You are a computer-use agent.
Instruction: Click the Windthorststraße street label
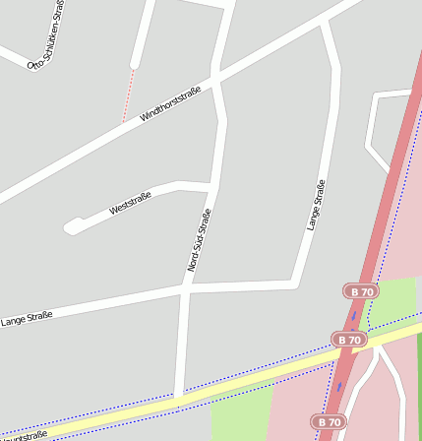pyautogui.click(x=170, y=103)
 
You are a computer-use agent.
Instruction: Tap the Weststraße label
pyautogui.click(x=130, y=203)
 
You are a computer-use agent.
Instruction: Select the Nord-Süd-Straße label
pyautogui.click(x=199, y=240)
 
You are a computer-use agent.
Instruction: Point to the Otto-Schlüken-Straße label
pyautogui.click(x=48, y=35)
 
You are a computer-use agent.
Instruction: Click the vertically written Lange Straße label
pyautogui.click(x=315, y=205)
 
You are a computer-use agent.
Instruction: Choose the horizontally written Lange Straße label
pyautogui.click(x=27, y=317)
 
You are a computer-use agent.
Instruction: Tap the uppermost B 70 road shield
pyautogui.click(x=361, y=291)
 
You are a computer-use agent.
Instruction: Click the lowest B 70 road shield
pyautogui.click(x=330, y=421)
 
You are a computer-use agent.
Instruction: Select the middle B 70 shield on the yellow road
pyautogui.click(x=348, y=340)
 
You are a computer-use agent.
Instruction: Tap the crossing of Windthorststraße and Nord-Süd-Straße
pyautogui.click(x=216, y=78)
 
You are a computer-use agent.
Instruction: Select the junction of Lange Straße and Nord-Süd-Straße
pyautogui.click(x=185, y=288)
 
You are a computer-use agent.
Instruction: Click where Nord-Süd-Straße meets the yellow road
pyautogui.click(x=178, y=397)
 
